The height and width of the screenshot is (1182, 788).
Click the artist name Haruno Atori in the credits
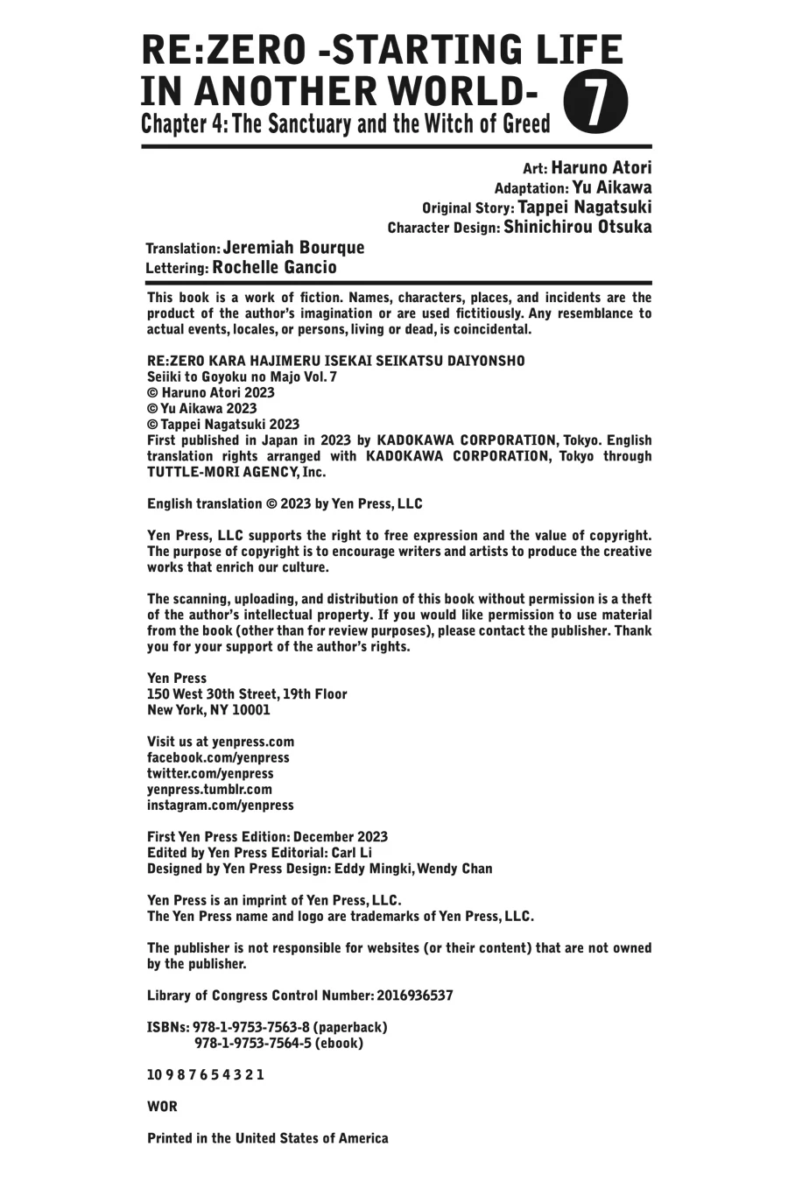601,167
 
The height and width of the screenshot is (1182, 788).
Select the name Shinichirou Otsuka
578,227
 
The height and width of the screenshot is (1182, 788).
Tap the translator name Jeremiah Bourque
293,248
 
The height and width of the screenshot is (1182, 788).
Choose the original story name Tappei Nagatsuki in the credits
584,208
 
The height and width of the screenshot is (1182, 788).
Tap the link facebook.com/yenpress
218,757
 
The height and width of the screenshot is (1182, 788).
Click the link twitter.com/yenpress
210,773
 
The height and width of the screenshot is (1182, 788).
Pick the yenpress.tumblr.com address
209,789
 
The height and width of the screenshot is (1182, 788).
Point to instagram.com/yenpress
221,805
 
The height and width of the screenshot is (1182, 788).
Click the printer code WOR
162,1107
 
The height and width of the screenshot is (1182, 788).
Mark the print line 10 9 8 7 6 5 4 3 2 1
206,1075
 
